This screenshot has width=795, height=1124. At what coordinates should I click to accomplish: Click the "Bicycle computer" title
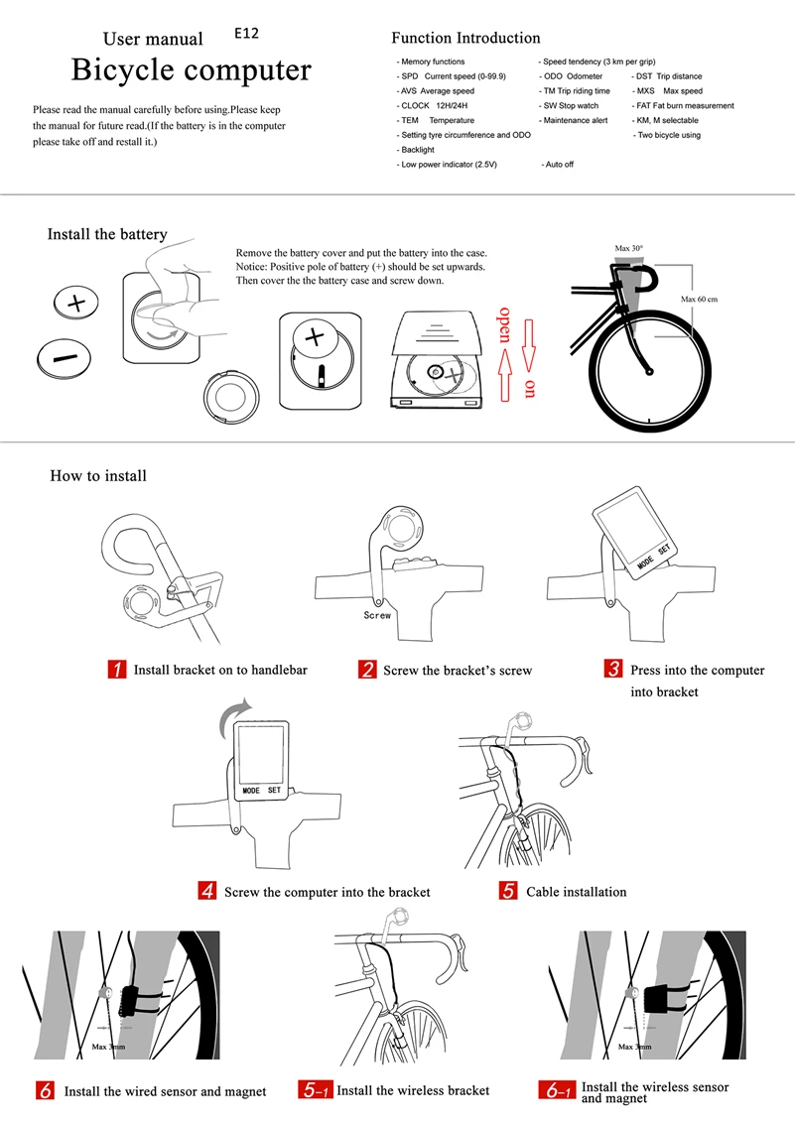coord(191,70)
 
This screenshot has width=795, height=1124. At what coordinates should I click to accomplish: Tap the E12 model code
coord(247,33)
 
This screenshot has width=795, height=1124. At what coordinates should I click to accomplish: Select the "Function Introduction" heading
coord(465,38)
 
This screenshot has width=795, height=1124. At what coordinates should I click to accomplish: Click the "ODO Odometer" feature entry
coord(572,76)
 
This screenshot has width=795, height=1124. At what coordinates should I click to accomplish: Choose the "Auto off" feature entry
coord(558,164)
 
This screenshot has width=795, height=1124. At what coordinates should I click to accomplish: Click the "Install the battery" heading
coord(107,235)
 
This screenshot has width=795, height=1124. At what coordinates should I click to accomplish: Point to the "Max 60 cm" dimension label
coord(699,299)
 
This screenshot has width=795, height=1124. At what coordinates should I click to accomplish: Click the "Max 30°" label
coord(628,248)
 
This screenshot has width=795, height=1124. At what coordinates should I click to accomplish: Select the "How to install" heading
coord(98,476)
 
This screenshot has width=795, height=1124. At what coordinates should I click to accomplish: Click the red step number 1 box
coord(116,670)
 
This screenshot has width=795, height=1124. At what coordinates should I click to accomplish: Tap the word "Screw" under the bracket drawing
coord(377,615)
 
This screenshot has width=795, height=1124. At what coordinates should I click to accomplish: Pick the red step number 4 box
coord(207,891)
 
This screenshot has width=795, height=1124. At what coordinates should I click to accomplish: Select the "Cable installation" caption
coord(576,892)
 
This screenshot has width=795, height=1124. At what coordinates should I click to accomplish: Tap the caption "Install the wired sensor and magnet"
coord(165,1091)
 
